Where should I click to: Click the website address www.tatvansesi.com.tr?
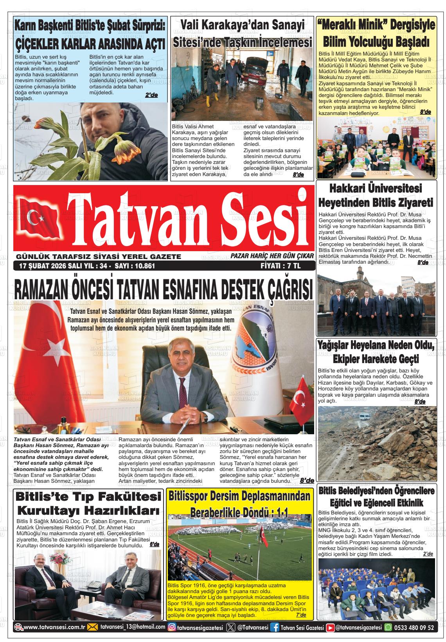pyautogui.click(x=55, y=628)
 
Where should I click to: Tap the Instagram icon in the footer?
pyautogui.click(x=172, y=628)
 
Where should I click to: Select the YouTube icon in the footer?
pyautogui.click(x=331, y=628)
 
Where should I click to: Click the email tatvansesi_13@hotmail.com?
pyautogui.click(x=133, y=628)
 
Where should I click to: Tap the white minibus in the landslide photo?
pyautogui.click(x=362, y=416)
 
